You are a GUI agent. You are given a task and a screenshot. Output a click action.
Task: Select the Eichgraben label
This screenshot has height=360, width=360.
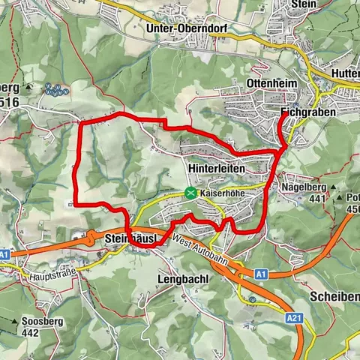pyautogui.click(x=307, y=112)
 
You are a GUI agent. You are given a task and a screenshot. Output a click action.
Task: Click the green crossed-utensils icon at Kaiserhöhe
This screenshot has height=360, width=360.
pyautogui.click(x=190, y=193)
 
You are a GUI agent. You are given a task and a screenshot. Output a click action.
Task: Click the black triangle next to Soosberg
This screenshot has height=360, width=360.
pyautogui.click(x=13, y=322)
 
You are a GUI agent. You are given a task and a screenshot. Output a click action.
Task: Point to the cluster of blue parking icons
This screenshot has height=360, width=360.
pyautogui.click(x=55, y=89)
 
